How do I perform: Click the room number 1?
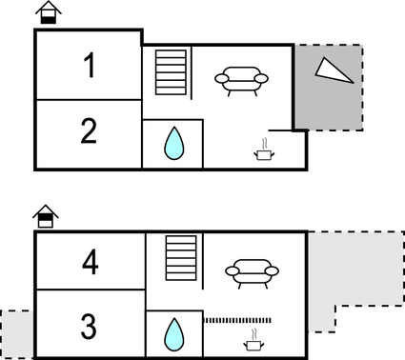[x=89, y=67]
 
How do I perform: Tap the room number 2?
[x=89, y=132]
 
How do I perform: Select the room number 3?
[x=89, y=328]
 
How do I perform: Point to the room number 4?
[x=91, y=262]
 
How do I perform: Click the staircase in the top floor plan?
[x=172, y=72]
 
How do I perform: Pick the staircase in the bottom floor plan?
[x=179, y=258]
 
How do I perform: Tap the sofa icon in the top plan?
[x=245, y=80]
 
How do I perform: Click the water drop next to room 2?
[x=173, y=145]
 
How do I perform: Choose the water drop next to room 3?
[x=173, y=334]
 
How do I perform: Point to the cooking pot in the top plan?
[x=262, y=150]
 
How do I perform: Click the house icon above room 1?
[x=47, y=13]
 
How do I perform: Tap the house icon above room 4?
[x=44, y=217]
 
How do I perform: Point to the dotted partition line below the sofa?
[x=238, y=320]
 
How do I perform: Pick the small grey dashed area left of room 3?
[x=16, y=332]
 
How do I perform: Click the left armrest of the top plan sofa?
[x=221, y=80]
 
